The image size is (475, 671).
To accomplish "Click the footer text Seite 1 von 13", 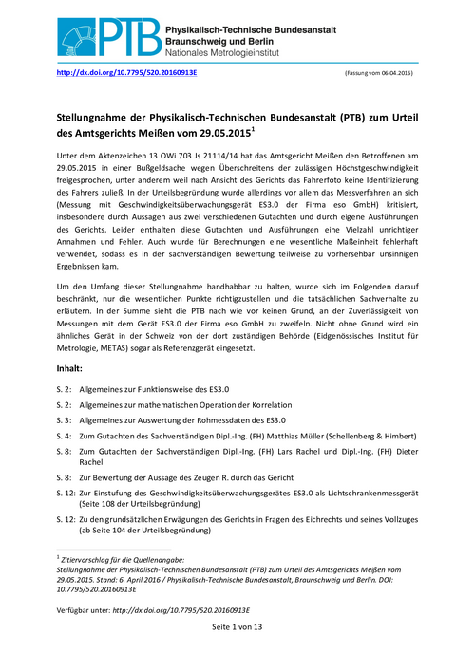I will click(237, 628).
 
